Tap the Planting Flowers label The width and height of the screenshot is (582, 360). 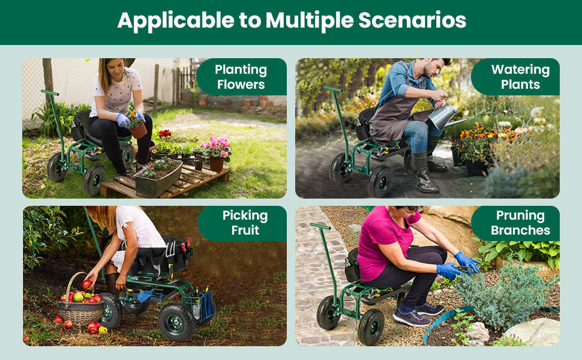click(241, 77)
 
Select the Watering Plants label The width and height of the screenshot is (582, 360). click(520, 77)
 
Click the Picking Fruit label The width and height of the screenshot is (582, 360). click(245, 223)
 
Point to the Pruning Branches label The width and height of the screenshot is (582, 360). click(520, 223)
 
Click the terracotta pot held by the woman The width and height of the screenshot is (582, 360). click(138, 129)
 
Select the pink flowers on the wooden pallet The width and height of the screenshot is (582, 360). click(217, 148)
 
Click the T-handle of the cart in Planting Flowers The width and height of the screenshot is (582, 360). click(49, 93)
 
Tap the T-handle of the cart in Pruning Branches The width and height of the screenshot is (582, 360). click(320, 226)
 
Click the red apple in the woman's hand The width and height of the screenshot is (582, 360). click(87, 284)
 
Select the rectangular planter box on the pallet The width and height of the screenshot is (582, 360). click(158, 179)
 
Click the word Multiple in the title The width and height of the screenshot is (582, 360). click(310, 21)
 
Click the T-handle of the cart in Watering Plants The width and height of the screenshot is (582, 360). click(331, 89)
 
